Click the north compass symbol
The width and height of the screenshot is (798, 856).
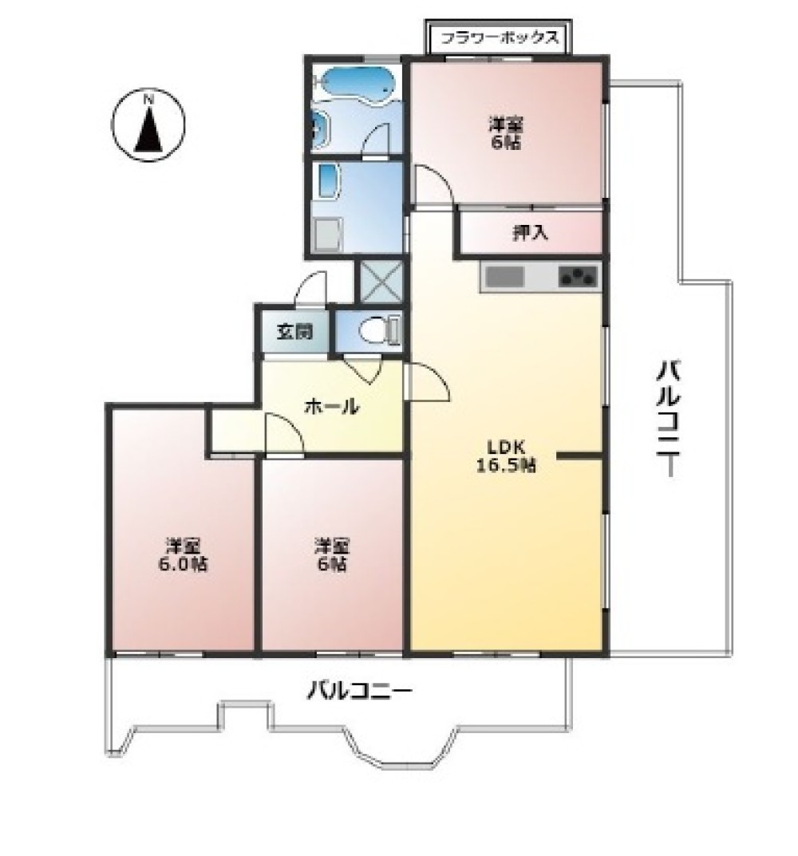148,124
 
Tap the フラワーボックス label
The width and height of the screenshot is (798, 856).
500,37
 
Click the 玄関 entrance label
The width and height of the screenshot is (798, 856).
294,331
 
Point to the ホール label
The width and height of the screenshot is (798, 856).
331,406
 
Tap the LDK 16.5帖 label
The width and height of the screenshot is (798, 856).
506,456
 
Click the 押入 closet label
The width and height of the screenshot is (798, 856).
530,233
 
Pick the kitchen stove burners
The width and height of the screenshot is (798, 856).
577,278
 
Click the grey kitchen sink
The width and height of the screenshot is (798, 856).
504,277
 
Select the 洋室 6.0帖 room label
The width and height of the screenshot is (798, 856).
183,554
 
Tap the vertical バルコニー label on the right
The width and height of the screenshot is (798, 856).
668,417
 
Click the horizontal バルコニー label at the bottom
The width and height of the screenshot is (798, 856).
359,691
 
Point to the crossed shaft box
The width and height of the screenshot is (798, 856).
380,281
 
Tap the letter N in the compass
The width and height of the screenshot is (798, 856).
148,100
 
